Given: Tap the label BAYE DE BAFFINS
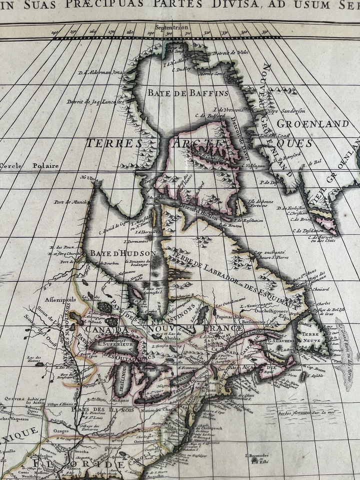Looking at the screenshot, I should coord(187,92).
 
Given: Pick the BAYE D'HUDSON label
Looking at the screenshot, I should coord(123,253).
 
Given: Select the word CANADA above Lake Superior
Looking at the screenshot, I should coord(106,330).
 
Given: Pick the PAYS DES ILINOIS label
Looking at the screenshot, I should coord(95,410).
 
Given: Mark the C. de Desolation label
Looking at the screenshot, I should coord(310,230).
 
